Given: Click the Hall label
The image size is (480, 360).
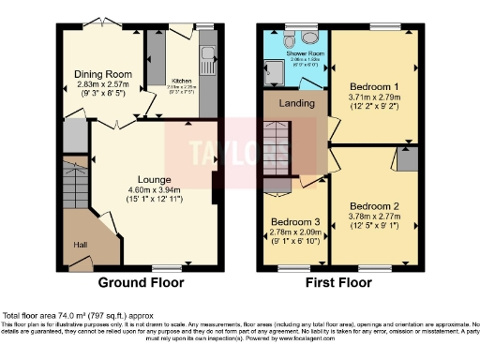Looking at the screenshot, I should [82, 245].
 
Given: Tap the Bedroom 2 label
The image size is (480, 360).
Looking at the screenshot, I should [375, 205].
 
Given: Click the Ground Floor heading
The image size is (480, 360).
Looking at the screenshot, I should [141, 282].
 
